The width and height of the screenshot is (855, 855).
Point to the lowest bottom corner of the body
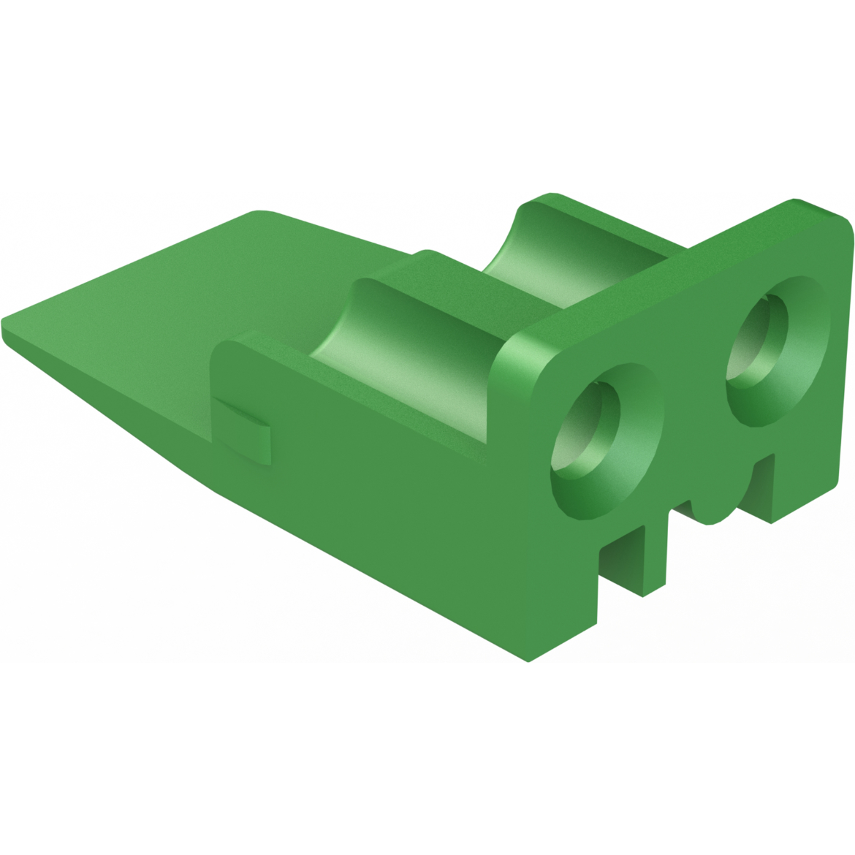[x=528, y=661]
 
